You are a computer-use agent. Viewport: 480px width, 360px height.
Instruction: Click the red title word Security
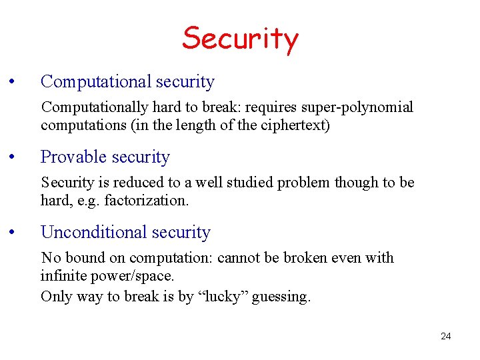click(240, 39)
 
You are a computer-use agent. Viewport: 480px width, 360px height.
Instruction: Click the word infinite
click(63, 276)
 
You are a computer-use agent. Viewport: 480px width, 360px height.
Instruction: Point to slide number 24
click(445, 337)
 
